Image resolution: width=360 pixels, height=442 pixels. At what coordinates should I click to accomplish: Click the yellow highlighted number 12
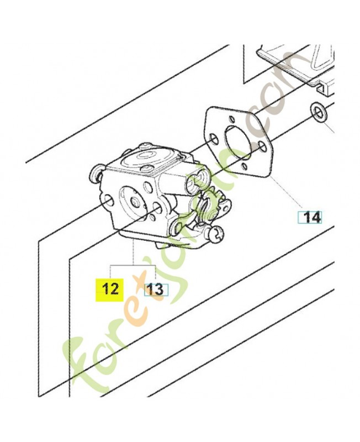click(110, 290)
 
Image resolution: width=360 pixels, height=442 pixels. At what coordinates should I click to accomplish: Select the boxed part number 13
click(156, 290)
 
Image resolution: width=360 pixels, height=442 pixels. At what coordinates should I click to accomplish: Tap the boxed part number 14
click(310, 217)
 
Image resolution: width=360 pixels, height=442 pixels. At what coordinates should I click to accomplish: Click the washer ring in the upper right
click(318, 113)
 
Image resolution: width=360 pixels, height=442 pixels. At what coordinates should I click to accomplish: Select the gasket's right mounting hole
click(262, 146)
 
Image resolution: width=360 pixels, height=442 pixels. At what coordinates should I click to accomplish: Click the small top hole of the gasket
click(231, 119)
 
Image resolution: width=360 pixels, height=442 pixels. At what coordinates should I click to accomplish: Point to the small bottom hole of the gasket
click(244, 167)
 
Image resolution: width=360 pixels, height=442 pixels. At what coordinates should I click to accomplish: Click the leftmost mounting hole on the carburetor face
click(108, 201)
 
